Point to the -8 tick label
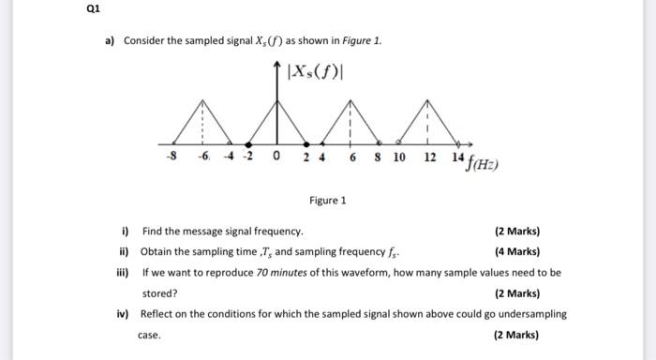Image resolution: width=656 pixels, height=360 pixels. pyautogui.click(x=171, y=157)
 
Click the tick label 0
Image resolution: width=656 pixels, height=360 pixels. pyautogui.click(x=276, y=157)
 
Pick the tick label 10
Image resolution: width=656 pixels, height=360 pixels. pyautogui.click(x=399, y=157)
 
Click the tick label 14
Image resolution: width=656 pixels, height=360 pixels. pyautogui.click(x=456, y=157)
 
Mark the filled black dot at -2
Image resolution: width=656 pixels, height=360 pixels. pyautogui.click(x=247, y=144)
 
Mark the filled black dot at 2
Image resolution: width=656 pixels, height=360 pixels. pyautogui.click(x=306, y=144)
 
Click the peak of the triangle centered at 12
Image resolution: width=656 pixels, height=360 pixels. pyautogui.click(x=427, y=99)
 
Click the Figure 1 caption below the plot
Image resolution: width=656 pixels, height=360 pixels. pyautogui.click(x=328, y=201)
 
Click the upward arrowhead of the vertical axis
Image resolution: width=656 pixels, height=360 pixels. pyautogui.click(x=277, y=64)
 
